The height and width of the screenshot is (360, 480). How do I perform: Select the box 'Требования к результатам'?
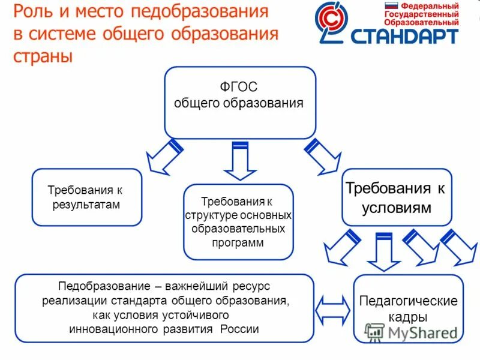pyautogui.click(x=86, y=197)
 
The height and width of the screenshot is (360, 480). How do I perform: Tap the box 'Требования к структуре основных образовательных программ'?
pyautogui.click(x=238, y=221)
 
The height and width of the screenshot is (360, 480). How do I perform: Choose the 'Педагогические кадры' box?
pyautogui.click(x=408, y=308)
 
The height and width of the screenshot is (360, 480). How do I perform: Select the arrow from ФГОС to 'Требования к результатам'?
pyautogui.click(x=166, y=157)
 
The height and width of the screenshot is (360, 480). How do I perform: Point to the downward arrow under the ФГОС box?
pyautogui.click(x=240, y=160)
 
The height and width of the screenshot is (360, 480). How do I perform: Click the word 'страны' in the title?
pyautogui.click(x=43, y=56)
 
